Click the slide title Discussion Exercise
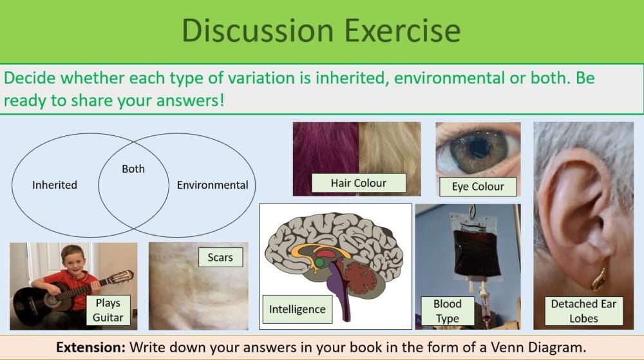pos(321,30)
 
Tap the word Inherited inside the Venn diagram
pos(55,185)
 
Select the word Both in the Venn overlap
pos(133,169)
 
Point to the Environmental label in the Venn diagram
pos(213,185)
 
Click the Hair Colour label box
pos(358,183)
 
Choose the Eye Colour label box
pos(478,187)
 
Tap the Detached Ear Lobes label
pos(583,311)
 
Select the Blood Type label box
pos(447,311)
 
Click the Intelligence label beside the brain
pos(297,309)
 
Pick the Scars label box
pos(220,258)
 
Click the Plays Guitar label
pos(108,310)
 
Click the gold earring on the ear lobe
pos(599,279)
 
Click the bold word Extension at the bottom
pos(91,347)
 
